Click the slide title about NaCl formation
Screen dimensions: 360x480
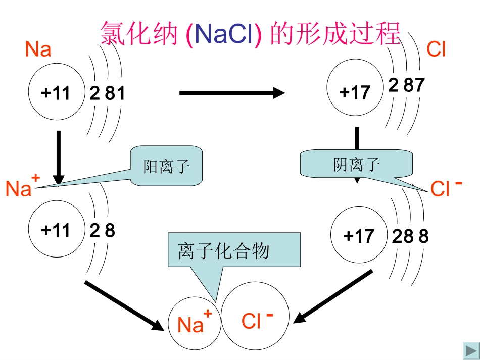(251, 34)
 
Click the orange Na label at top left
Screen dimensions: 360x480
(38, 49)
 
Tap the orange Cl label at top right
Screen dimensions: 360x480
(436, 49)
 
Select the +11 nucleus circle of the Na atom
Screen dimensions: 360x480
(56, 93)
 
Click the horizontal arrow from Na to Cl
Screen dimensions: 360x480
(232, 93)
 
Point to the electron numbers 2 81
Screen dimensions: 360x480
(107, 93)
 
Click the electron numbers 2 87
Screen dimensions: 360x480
(406, 85)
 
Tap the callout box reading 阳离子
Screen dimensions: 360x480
(166, 166)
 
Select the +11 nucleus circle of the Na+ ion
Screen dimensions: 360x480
(56, 230)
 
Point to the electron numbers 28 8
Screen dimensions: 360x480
(410, 236)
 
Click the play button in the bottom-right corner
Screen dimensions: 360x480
(470, 350)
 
